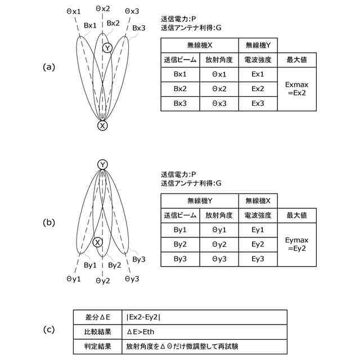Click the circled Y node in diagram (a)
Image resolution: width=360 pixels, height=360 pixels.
point(107,49)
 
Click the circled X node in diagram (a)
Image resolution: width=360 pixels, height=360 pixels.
point(102,126)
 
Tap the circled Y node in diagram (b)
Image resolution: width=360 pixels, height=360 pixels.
point(102,164)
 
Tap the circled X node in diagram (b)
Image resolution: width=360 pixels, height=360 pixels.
point(97,242)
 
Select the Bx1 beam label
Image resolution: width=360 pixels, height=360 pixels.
point(90,25)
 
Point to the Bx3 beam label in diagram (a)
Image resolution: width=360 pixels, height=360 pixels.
point(139,28)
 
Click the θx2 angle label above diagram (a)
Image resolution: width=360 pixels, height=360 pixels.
point(103,8)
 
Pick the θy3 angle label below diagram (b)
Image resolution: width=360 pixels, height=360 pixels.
point(132,278)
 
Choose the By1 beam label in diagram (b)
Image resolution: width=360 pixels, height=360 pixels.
point(90,264)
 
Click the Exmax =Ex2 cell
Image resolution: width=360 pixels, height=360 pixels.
point(296,89)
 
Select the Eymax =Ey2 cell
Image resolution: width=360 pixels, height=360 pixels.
point(296,244)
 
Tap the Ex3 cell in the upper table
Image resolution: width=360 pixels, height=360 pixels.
point(258,103)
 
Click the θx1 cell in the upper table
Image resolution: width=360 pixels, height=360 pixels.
point(219,74)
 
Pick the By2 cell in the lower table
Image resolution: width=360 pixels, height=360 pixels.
point(180,244)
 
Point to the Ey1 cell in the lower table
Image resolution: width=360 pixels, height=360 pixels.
point(258,229)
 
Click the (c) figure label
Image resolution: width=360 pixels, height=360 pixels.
point(49,330)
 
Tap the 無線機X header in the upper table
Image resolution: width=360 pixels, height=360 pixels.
point(199,45)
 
